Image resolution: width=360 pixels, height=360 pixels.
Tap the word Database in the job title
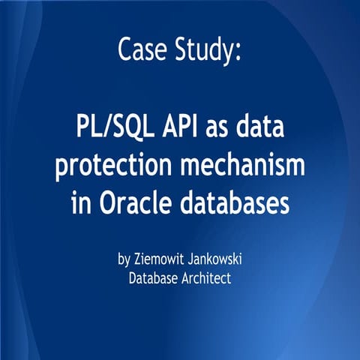click(x=154, y=278)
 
